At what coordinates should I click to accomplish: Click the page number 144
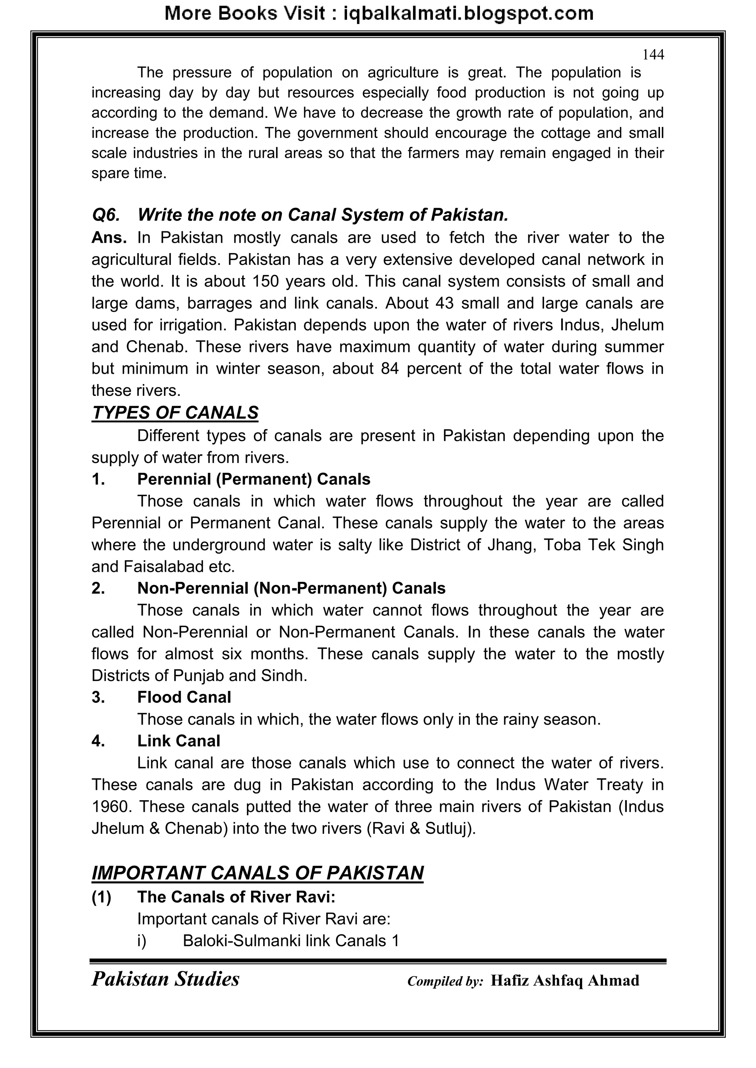coord(653,55)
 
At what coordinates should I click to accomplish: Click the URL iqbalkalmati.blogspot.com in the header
coord(468,14)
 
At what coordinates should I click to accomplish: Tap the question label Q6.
coord(106,215)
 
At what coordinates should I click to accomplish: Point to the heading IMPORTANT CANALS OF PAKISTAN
coord(257,873)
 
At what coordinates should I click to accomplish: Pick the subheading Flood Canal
coord(184,697)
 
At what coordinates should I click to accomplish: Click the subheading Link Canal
coord(178,741)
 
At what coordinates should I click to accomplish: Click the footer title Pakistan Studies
coord(165,979)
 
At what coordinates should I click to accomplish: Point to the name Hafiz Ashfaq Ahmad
coord(565,981)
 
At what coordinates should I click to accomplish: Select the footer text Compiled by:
coord(445,981)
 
